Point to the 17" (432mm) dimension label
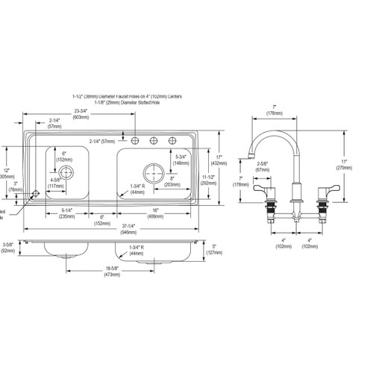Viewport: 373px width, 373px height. [219, 159]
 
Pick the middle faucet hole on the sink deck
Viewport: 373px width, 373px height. [154, 141]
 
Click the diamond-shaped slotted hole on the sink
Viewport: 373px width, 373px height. [34, 193]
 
